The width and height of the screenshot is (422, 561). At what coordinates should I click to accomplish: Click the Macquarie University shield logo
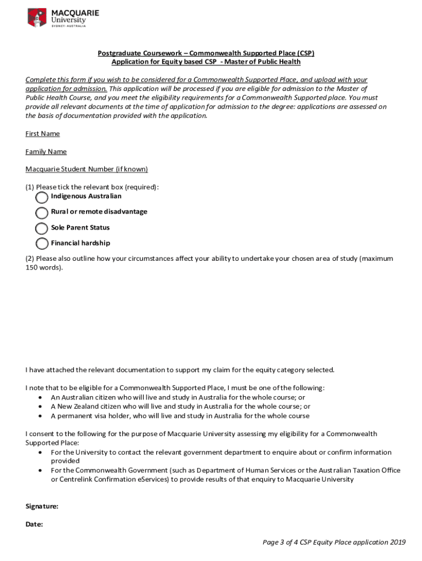point(37,17)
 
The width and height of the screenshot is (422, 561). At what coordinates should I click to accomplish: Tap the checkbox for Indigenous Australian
point(42,197)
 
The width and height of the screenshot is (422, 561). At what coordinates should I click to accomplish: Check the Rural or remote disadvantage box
point(42,213)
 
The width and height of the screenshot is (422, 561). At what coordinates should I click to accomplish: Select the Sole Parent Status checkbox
point(42,228)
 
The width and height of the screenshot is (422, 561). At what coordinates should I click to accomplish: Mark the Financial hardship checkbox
point(42,244)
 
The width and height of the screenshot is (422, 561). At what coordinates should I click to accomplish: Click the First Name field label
point(43,134)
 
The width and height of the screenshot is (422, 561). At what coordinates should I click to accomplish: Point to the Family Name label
point(46,152)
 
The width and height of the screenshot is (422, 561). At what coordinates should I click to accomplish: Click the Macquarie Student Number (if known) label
point(87,169)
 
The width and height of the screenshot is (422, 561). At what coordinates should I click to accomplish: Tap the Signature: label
point(42,507)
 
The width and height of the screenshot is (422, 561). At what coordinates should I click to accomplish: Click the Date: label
point(35,524)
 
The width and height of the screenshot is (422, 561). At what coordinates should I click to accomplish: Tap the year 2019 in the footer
point(398,542)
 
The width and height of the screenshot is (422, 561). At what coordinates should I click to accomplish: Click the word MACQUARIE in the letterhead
point(76,13)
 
